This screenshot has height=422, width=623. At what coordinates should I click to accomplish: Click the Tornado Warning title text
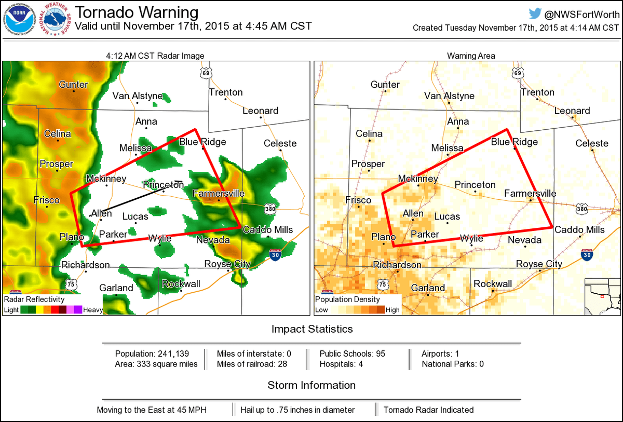point(137,12)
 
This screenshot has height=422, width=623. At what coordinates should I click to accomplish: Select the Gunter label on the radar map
point(73,85)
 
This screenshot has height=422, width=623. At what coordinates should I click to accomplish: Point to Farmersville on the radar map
point(218,194)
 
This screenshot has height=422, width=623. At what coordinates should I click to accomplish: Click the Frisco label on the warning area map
point(358,200)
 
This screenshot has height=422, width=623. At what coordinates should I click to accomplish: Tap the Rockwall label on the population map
point(493,284)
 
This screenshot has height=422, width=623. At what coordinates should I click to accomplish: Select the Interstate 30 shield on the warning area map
point(587,254)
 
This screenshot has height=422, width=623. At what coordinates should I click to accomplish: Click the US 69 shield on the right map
point(517,73)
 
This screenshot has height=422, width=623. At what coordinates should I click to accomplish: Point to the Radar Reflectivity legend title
point(34,299)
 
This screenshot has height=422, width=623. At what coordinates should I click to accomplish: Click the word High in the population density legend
point(393,310)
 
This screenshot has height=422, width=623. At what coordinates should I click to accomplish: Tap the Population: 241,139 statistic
point(152,353)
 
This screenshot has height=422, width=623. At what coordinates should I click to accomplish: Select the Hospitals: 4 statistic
point(341,364)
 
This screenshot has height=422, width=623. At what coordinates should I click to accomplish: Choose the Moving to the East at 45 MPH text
point(152,410)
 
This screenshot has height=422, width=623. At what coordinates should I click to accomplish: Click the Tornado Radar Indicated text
point(428,410)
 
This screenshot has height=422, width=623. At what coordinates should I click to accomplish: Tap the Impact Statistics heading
point(312,329)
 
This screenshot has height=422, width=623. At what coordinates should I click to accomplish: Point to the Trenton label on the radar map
point(226,92)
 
